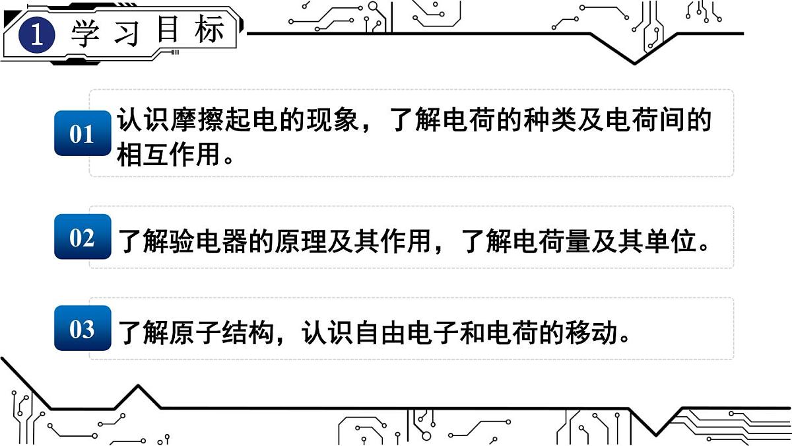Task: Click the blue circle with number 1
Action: tap(37, 34)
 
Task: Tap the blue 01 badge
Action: tap(82, 133)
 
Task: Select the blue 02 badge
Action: tap(82, 237)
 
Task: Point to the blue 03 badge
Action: tap(82, 328)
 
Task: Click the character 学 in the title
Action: tap(85, 33)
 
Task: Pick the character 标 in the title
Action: tap(209, 29)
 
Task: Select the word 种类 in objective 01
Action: tap(550, 120)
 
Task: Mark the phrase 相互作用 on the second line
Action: tap(168, 155)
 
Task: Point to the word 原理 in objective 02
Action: tap(300, 241)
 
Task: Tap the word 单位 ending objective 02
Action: tap(671, 241)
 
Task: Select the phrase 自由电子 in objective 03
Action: tap(407, 333)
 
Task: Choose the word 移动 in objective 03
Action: tap(591, 333)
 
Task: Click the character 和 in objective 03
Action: tap(473, 333)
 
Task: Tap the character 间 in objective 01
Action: tap(671, 120)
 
